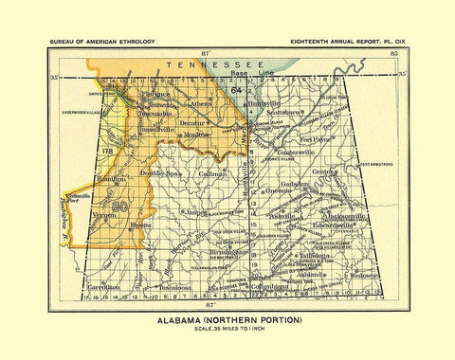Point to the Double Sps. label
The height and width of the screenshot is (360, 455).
tap(160, 174)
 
